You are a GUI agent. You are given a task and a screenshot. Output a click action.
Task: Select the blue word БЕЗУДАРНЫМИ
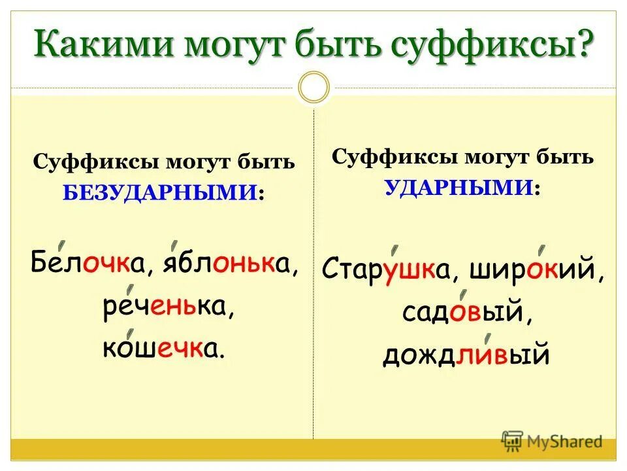tap(161, 192)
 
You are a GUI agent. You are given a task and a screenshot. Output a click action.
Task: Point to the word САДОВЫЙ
tap(463, 313)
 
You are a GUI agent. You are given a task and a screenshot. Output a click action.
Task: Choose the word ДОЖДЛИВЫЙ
tap(466, 355)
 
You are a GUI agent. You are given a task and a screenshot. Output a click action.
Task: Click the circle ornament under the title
tap(313, 87)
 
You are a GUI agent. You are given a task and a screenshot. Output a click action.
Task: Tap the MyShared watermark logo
tap(552, 440)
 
